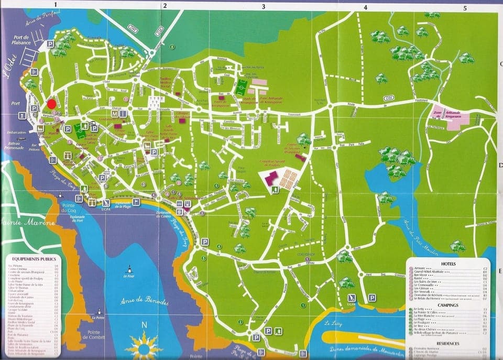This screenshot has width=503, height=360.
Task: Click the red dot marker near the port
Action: click(51, 104)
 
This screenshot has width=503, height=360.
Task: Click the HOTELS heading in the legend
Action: click(448, 264)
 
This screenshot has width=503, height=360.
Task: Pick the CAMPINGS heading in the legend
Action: click(448, 304)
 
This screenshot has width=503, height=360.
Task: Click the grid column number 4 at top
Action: click(365, 7)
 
